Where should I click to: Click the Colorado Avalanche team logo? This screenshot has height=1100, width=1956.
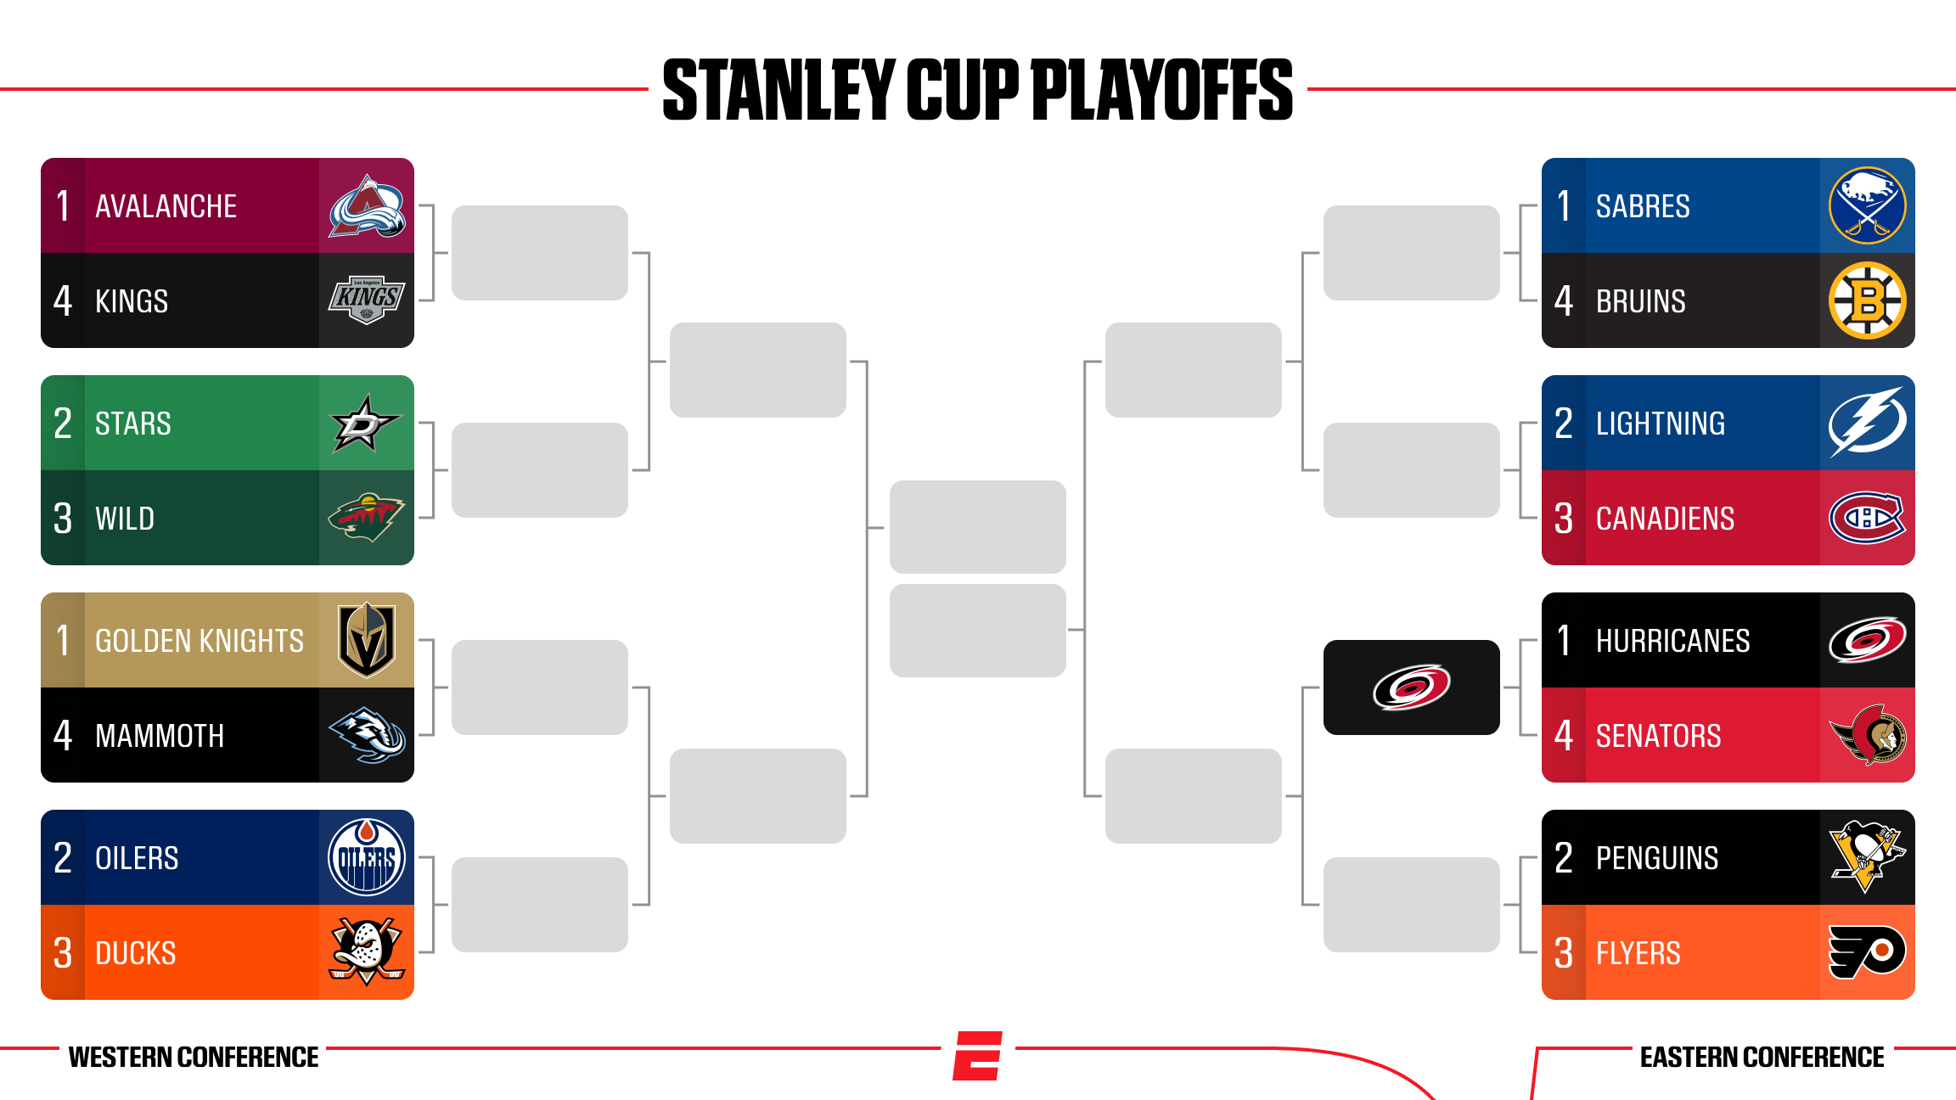point(367,206)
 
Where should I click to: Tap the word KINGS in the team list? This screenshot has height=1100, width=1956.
point(132,301)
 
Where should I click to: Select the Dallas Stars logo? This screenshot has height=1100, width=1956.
point(365,423)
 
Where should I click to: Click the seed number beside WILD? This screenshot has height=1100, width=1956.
point(63,519)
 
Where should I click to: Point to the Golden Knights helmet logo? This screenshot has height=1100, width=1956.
point(367,640)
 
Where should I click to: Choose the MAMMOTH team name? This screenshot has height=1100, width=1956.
point(160,736)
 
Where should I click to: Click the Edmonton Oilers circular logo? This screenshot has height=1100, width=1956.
point(367,857)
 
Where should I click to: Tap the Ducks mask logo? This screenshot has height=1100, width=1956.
point(367,951)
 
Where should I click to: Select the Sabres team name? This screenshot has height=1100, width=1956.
point(1643,206)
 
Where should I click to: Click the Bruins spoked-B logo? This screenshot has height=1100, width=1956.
point(1868,300)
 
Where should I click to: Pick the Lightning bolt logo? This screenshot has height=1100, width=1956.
point(1868,423)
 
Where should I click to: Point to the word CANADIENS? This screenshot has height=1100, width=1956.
point(1665,519)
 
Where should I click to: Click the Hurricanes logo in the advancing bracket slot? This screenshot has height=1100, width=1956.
point(1412,687)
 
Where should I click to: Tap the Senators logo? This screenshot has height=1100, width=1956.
point(1868,735)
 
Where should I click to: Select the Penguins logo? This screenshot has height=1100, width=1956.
point(1868,856)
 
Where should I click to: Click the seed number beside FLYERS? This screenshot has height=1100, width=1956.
point(1564,953)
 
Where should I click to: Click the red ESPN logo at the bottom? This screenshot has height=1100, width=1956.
point(978,1056)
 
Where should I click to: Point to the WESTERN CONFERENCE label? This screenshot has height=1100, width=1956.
point(194,1057)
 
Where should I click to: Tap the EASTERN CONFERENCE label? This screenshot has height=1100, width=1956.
point(1762,1057)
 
